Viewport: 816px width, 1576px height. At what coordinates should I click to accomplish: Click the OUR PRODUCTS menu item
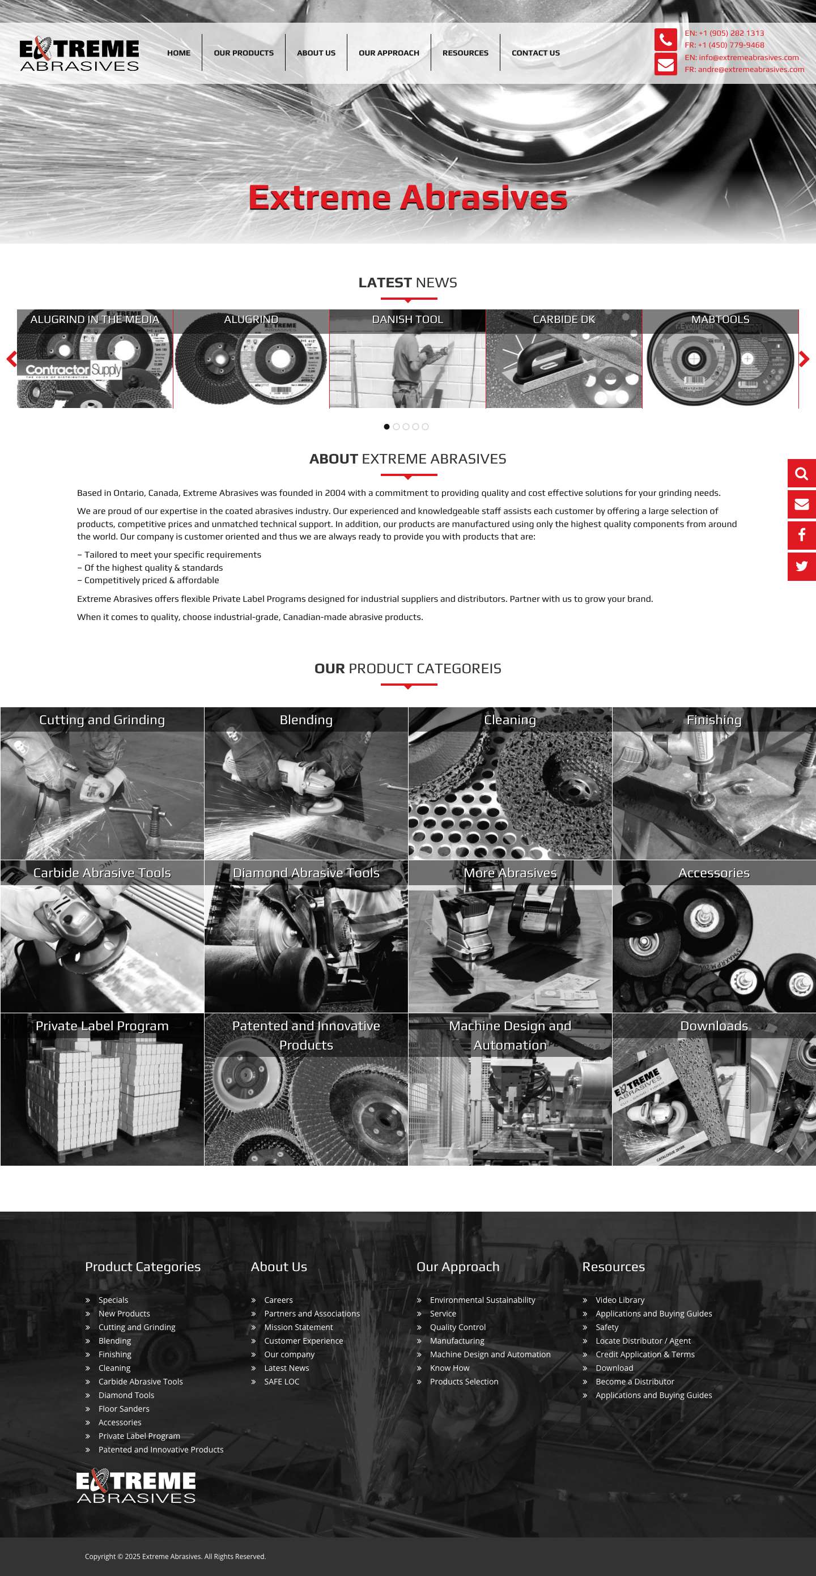point(244,53)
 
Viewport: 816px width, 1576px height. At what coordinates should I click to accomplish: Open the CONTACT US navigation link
point(535,53)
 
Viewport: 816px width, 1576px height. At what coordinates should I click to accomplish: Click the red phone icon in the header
point(665,40)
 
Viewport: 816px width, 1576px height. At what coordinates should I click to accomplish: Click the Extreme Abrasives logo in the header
point(79,54)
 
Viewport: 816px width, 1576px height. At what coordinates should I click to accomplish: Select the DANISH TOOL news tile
point(407,359)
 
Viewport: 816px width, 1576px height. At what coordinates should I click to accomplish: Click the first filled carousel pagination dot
point(386,426)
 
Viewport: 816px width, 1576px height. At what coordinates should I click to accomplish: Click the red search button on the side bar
point(801,474)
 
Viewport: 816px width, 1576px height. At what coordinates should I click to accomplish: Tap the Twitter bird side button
point(801,567)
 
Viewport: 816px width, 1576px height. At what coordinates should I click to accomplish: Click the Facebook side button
point(801,536)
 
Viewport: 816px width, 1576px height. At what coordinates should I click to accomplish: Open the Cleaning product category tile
point(509,783)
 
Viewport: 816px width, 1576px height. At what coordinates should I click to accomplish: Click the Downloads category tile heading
point(714,1026)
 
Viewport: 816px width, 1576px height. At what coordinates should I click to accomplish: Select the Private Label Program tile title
point(102,1026)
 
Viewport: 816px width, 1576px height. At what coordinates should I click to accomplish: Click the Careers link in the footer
point(278,1300)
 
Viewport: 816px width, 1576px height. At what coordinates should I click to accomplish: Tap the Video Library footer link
point(619,1300)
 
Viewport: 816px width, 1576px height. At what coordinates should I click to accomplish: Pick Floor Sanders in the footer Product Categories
point(124,1409)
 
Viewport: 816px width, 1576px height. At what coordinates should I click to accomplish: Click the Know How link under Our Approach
point(449,1368)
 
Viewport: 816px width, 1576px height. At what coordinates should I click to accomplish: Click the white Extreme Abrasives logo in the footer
point(136,1486)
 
